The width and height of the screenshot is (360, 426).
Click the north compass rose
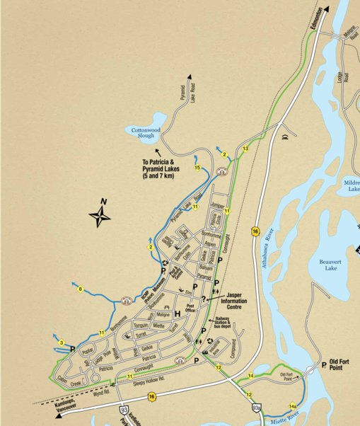[100, 215]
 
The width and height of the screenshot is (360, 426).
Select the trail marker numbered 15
[197, 167]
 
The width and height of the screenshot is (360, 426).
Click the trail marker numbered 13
[245, 149]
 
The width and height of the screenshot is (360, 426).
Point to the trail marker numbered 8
[81, 289]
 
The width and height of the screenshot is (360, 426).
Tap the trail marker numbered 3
[62, 343]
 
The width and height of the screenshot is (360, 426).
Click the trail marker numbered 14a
[293, 405]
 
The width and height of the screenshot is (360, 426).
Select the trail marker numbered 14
[251, 376]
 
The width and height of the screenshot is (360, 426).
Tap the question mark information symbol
[203, 300]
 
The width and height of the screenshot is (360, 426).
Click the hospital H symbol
[168, 313]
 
